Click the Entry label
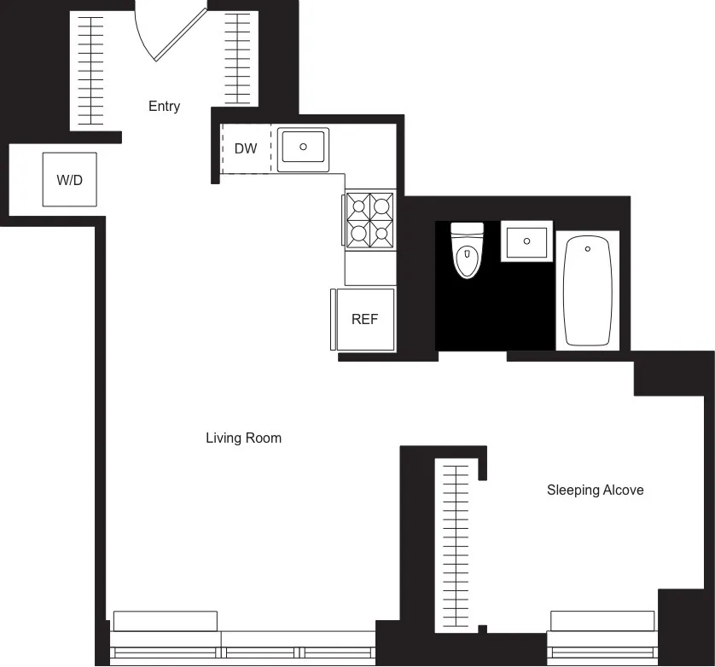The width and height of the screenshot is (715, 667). (164, 107)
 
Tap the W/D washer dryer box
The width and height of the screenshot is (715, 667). (70, 179)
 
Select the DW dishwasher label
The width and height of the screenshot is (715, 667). (246, 148)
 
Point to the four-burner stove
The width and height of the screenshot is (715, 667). (369, 219)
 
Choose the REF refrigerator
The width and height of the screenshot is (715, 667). (364, 319)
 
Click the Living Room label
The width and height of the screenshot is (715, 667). (243, 438)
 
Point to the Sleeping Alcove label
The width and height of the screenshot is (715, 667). (595, 490)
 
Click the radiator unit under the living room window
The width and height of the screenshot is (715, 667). (166, 620)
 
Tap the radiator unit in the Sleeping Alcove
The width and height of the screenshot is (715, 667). (602, 620)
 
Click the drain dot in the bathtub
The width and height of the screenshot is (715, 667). (587, 249)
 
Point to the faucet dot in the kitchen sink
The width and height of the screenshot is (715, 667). (302, 146)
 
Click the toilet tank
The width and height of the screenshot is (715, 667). (467, 229)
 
